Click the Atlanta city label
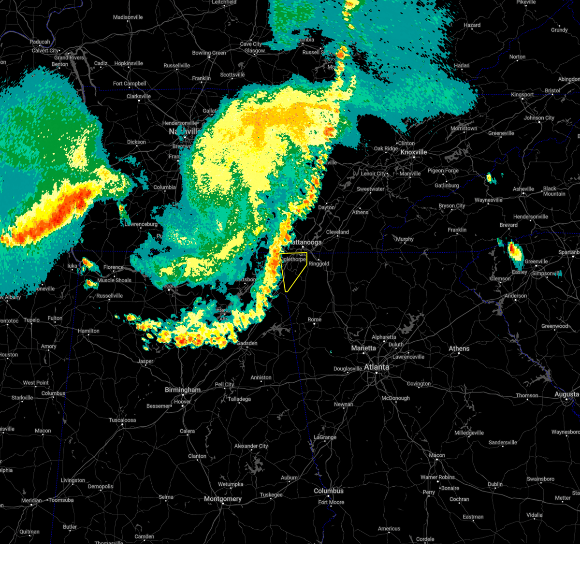376,367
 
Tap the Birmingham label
182,390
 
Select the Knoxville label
413,152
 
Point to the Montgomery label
222,498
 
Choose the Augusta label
566,394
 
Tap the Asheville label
523,189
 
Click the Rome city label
314,319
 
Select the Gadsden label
246,343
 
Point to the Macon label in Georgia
437,455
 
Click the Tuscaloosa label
122,420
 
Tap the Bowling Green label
209,53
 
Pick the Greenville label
536,261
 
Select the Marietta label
363,348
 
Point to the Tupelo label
31,320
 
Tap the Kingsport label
522,95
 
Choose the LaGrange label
325,437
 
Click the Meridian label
31,500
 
